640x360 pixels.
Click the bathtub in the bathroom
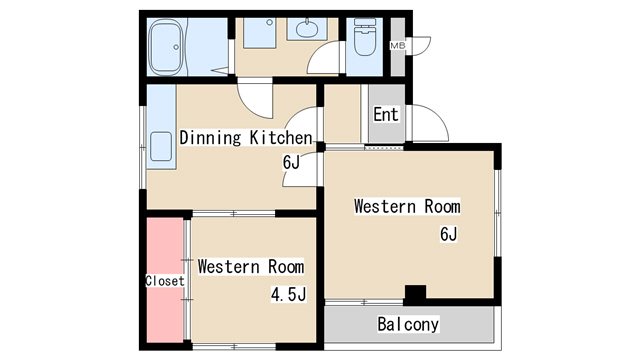coord(165,47)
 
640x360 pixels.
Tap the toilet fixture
coord(365,37)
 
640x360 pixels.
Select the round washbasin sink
coord(307,29)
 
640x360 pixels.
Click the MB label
coord(398,46)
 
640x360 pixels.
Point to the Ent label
coord(386,114)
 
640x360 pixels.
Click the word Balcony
coord(408,324)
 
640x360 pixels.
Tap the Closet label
coord(165,281)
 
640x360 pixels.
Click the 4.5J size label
coord(289,294)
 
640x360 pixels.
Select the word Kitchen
coord(281,138)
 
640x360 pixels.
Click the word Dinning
coord(210,138)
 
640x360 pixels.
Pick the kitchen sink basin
coord(161,146)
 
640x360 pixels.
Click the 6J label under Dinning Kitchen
coord(291,162)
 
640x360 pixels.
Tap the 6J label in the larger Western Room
coord(449,234)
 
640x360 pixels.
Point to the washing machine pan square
coord(260,33)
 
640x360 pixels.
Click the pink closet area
coord(165,280)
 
